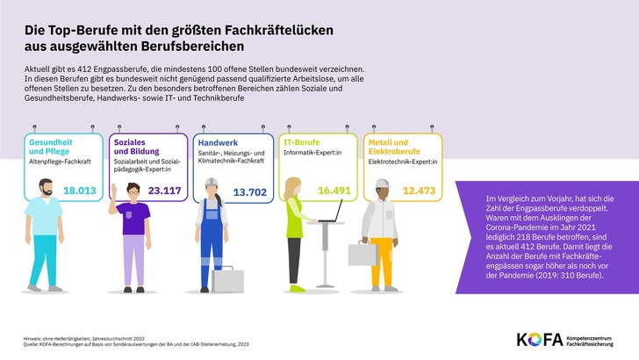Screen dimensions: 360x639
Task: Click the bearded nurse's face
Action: (46, 189)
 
